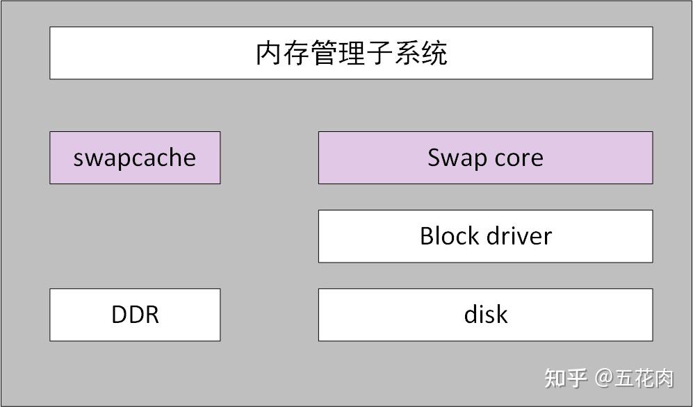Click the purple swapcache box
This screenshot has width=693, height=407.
[135, 158]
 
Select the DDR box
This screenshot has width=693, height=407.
[135, 315]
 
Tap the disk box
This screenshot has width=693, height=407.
[485, 315]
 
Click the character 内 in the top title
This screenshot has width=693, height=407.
[269, 53]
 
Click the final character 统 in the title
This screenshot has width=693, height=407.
[434, 53]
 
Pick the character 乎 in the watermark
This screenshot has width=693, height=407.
[578, 378]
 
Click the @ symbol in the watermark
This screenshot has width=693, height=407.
[603, 378]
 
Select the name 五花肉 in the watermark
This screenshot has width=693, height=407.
[644, 378]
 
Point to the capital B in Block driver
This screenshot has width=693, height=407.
[426, 236]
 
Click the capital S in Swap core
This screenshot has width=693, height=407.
[434, 158]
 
